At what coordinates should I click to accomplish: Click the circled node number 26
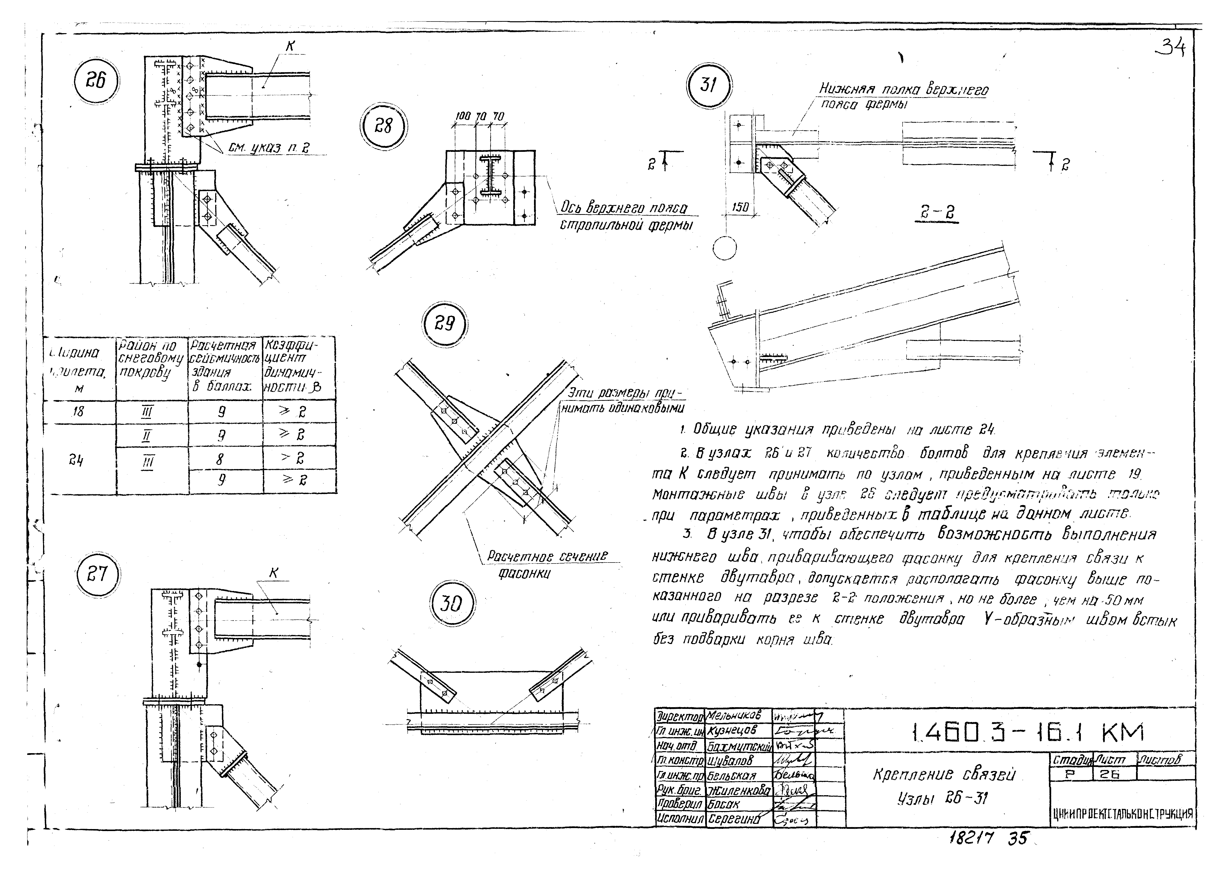coord(96,81)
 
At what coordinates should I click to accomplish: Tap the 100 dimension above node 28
coord(463,116)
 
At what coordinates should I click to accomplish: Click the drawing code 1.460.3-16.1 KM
coord(1027,734)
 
